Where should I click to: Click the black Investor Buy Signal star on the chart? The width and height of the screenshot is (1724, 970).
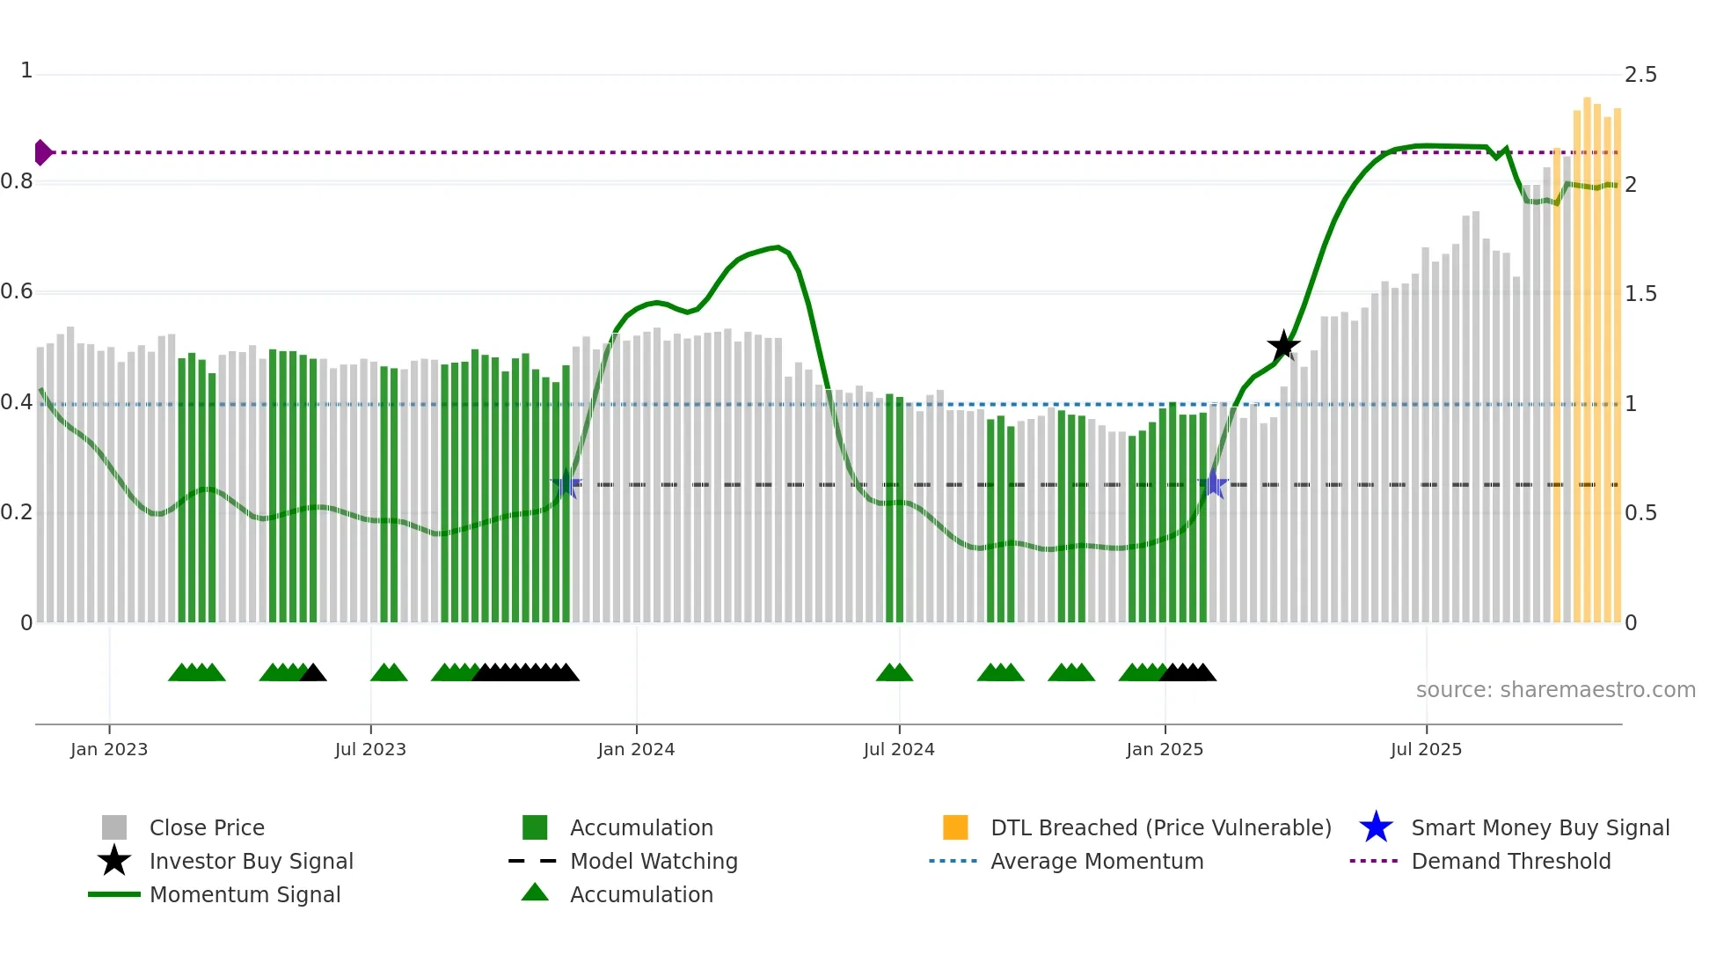[x=1283, y=346]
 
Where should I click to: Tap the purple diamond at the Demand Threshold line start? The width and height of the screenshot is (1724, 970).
[x=42, y=152]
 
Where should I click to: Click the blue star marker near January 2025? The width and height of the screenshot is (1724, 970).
[x=1213, y=484]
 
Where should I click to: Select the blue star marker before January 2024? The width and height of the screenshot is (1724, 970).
[x=566, y=484]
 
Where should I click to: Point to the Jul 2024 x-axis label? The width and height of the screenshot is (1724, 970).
[x=899, y=750]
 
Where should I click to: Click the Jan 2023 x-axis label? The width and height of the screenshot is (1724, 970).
[x=109, y=750]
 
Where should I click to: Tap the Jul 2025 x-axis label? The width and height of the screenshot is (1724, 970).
[x=1426, y=750]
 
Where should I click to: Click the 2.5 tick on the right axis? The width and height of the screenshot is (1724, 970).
[x=1640, y=75]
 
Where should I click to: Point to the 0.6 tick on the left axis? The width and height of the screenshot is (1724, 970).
[x=18, y=291]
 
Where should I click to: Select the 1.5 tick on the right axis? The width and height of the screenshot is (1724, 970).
[x=1640, y=294]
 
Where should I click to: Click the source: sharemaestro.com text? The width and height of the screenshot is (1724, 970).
[x=1555, y=690]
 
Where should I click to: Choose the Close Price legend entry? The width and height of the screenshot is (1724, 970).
[x=207, y=828]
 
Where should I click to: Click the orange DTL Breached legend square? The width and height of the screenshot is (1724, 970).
[x=955, y=827]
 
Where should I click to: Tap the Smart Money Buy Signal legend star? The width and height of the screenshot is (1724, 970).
[x=1376, y=827]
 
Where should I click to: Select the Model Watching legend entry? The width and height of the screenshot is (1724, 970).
[x=654, y=862]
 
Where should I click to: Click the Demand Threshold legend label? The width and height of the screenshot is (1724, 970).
[x=1510, y=862]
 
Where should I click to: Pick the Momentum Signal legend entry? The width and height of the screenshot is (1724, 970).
[x=245, y=895]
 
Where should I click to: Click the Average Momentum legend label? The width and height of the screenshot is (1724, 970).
[x=1097, y=862]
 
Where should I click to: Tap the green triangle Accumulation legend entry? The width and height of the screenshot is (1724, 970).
[x=641, y=895]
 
